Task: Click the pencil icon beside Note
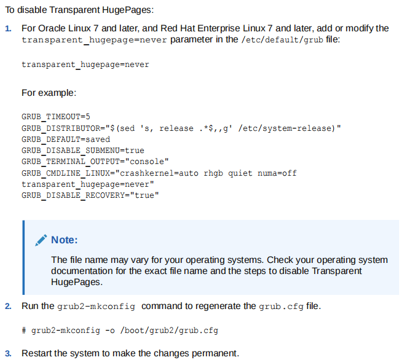click(41, 240)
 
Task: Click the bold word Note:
click(64, 240)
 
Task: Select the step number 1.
click(8, 29)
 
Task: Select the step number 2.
click(8, 306)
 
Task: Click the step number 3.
click(8, 353)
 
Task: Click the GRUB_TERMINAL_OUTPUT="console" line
click(95, 162)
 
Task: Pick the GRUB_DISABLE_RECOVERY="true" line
click(90, 195)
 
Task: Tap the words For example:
click(49, 93)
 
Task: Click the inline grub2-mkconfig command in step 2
click(97, 306)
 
